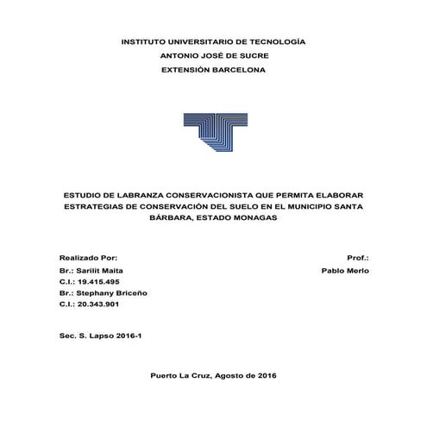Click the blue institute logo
point(214,133)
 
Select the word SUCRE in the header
point(249,55)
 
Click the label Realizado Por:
point(88,258)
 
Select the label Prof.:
point(357,258)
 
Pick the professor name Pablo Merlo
point(344,270)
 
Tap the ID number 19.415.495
point(98,281)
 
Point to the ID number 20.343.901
point(98,305)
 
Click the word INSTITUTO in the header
point(149,41)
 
